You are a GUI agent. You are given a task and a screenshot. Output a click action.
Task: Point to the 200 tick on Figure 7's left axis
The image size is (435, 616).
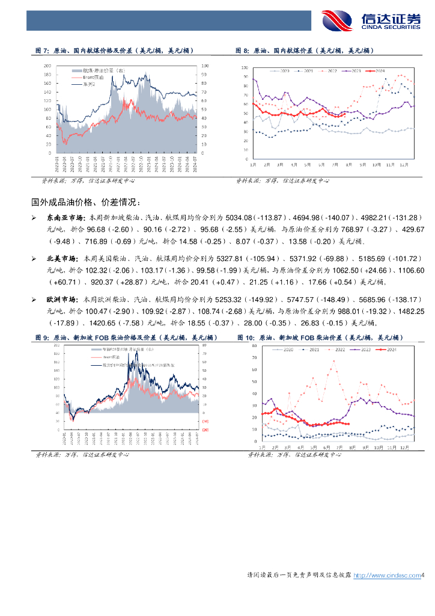pyautogui.click(x=47, y=65)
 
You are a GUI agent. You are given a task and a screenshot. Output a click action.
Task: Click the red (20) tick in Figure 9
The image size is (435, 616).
pyautogui.click(x=205, y=429)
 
